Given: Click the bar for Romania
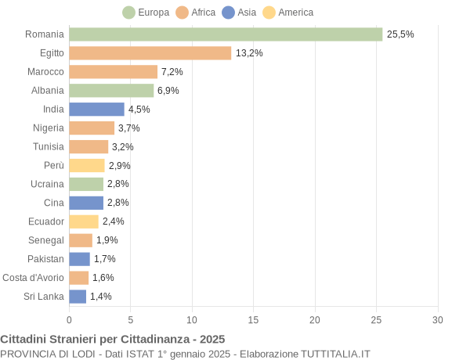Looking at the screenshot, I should pyautogui.click(x=226, y=34).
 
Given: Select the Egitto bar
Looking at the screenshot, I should pyautogui.click(x=150, y=53).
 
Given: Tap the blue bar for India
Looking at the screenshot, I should pyautogui.click(x=96, y=110).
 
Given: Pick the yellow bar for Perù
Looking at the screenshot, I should pyautogui.click(x=86, y=165).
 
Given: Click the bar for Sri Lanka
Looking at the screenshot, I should pyautogui.click(x=78, y=297).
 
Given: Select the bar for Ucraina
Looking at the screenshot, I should pyautogui.click(x=86, y=184).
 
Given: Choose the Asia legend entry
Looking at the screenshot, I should pyautogui.click(x=239, y=13).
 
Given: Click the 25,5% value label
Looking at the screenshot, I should pyautogui.click(x=400, y=34).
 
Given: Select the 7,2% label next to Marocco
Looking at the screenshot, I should pyautogui.click(x=172, y=72).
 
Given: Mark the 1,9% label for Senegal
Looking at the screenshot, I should pyautogui.click(x=107, y=240).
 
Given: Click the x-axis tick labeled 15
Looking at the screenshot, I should pyautogui.click(x=253, y=319).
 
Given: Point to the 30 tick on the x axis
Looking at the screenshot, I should pyautogui.click(x=437, y=319).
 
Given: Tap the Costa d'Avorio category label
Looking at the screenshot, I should pyautogui.click(x=33, y=278).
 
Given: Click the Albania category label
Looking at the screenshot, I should pyautogui.click(x=47, y=91).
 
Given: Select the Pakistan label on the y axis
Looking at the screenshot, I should pyautogui.click(x=46, y=259).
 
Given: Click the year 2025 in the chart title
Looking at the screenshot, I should pyautogui.click(x=211, y=339).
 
